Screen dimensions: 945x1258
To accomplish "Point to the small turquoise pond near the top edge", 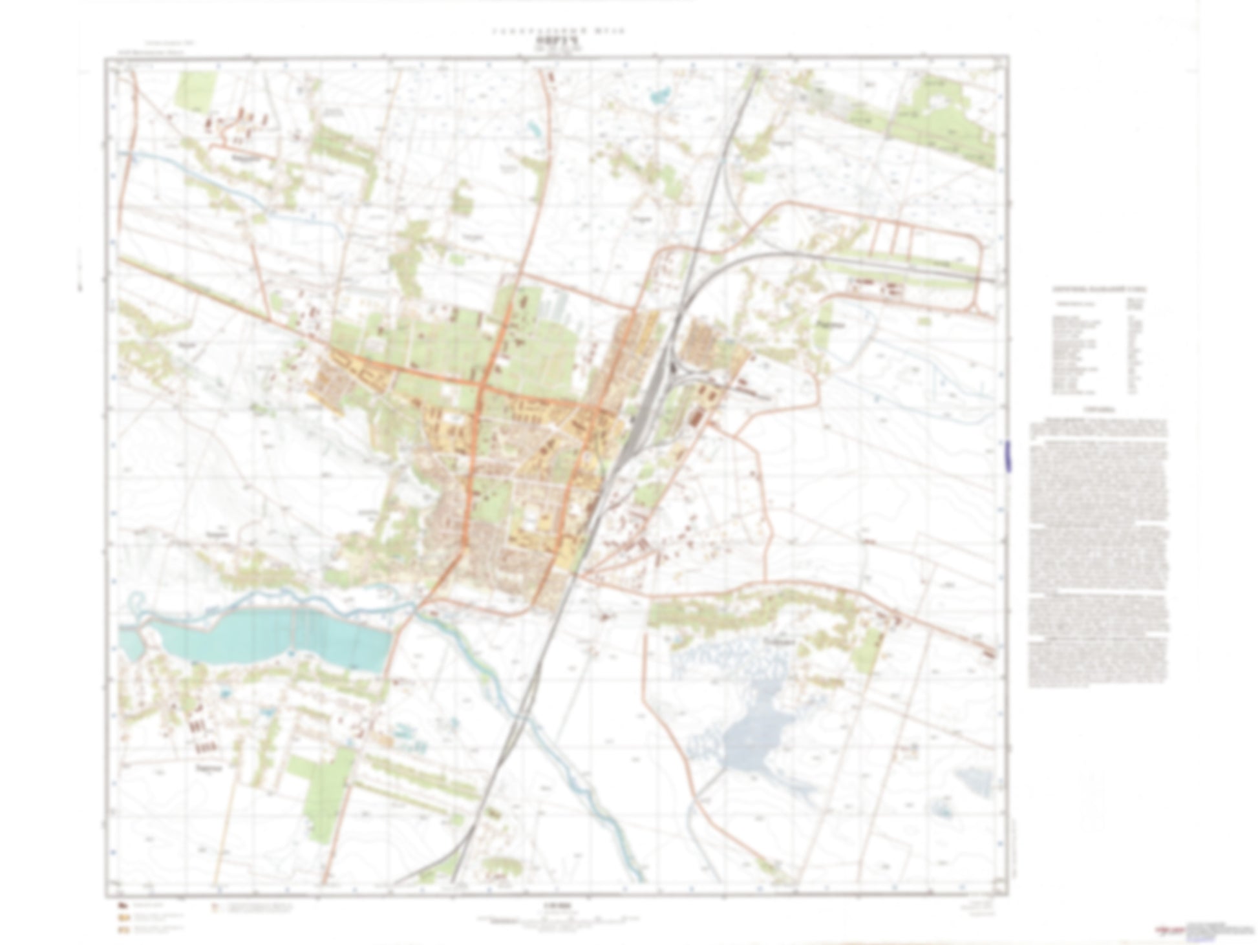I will [x=661, y=96].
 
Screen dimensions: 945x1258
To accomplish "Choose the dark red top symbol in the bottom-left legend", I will [x=122, y=904].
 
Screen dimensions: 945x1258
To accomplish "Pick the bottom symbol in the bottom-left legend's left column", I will [x=122, y=931].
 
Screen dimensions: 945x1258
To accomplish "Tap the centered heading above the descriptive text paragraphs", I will [x=1099, y=410].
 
